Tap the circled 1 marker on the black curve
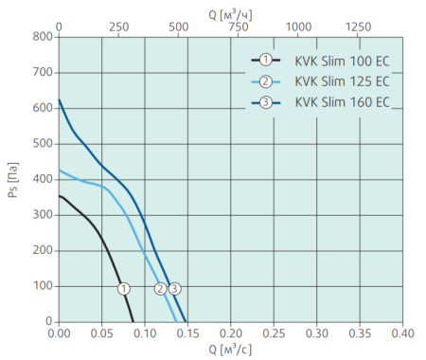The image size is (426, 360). click(x=124, y=288)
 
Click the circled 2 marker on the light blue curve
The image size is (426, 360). click(x=161, y=288)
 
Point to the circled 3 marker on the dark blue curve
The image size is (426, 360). click(x=174, y=288)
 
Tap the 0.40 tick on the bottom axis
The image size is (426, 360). click(x=402, y=334)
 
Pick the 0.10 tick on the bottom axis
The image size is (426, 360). click(x=145, y=334)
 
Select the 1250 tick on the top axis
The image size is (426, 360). click(x=357, y=26)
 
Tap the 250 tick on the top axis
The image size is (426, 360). click(x=118, y=26)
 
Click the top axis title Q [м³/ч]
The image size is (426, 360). click(x=231, y=10)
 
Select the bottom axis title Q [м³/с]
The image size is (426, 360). click(x=231, y=351)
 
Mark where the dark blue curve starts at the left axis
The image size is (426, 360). click(x=60, y=100)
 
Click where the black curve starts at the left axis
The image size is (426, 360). click(x=60, y=196)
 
